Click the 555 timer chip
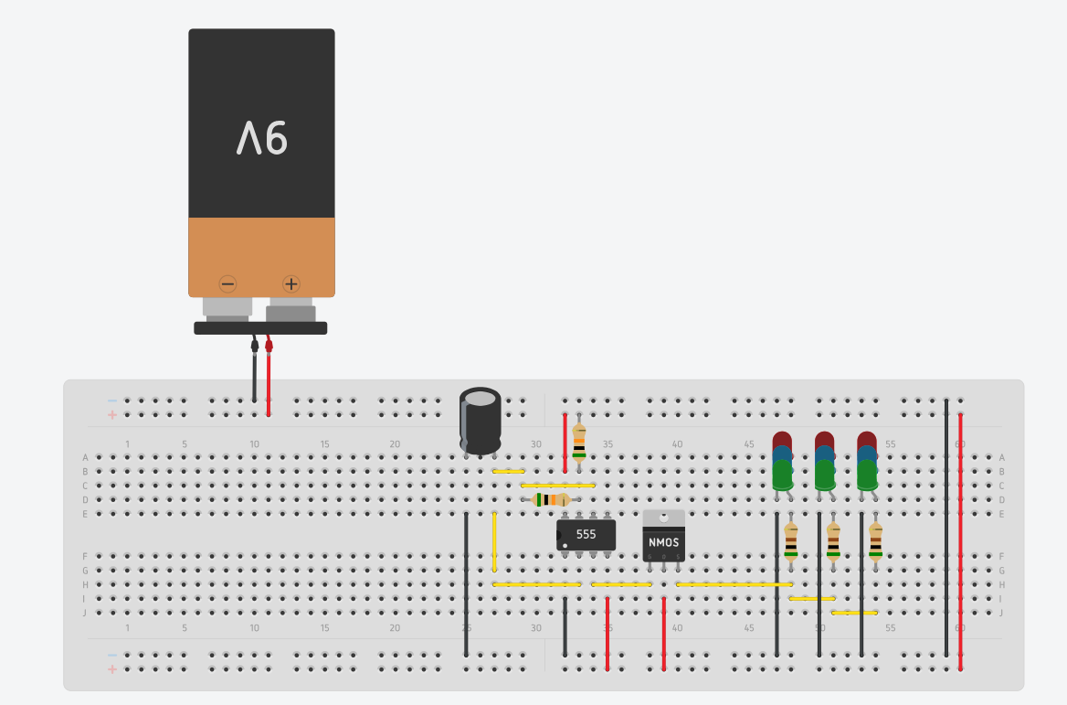586,534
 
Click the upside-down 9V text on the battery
262,139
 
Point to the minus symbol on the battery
228,283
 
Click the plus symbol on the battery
291,283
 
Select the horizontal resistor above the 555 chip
550,499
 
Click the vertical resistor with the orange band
578,444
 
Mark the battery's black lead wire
254,375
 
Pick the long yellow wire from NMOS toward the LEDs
734,584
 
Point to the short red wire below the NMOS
663,633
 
